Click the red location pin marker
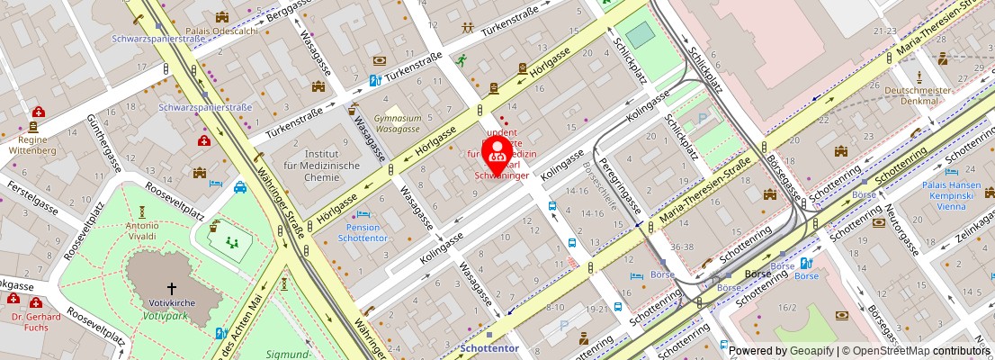point(497,155)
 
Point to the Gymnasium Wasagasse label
point(398,124)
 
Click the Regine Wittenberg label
point(32,145)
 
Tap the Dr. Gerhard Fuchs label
point(37,322)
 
